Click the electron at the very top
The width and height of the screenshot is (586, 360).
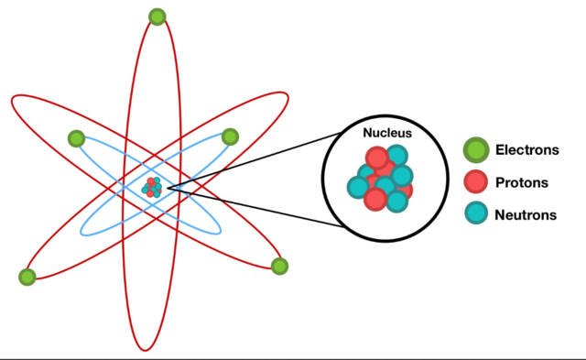(x=157, y=17)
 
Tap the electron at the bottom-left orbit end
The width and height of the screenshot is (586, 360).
(x=27, y=277)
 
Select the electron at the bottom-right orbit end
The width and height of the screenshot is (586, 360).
(x=279, y=267)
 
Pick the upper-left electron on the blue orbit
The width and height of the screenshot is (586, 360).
(x=76, y=139)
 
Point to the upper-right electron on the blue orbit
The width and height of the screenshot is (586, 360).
(x=230, y=137)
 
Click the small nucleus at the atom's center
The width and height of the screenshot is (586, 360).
(x=152, y=188)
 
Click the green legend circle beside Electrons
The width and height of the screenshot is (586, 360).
(x=476, y=149)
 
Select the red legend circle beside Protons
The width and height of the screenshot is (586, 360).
(x=476, y=182)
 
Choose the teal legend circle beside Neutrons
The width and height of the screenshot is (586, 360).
(x=476, y=214)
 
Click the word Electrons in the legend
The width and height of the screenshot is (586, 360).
(x=527, y=149)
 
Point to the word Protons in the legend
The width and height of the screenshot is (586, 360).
(x=522, y=182)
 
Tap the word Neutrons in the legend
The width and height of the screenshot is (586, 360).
(x=526, y=215)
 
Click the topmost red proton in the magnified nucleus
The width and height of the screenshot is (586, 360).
(x=377, y=157)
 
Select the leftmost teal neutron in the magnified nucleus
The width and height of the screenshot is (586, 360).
(x=359, y=187)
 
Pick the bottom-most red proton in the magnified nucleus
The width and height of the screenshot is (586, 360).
(x=375, y=199)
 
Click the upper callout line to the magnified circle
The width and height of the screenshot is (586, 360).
(x=247, y=160)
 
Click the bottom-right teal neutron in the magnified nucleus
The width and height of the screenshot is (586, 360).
(x=396, y=201)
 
